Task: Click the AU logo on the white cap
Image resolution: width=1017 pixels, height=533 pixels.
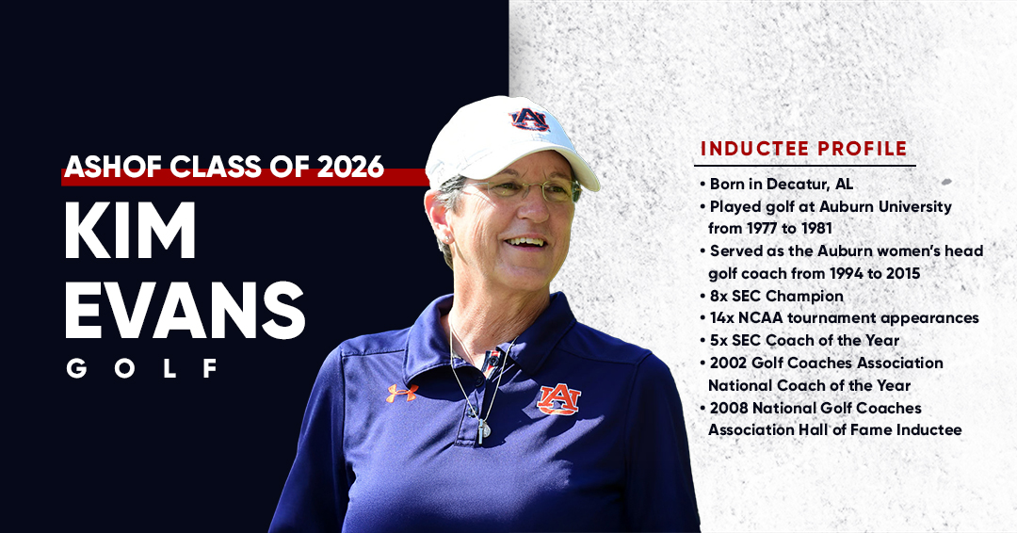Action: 529,120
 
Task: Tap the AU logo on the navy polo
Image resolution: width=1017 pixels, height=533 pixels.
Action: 558,399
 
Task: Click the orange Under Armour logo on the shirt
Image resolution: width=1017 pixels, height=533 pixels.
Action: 401,393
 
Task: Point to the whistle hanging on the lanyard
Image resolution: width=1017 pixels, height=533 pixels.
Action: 483,429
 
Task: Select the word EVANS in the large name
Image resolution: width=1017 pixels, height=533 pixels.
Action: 185,310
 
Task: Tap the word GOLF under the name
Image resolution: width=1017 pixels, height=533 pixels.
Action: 142,367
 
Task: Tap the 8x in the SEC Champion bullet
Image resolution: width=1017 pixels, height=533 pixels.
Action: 720,296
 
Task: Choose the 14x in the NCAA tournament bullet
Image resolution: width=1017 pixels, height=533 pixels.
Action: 724,318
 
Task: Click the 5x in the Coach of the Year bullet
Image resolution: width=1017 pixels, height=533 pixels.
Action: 720,340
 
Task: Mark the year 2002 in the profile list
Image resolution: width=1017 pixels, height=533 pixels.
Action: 730,363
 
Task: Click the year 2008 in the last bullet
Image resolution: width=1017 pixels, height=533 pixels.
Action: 730,408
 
